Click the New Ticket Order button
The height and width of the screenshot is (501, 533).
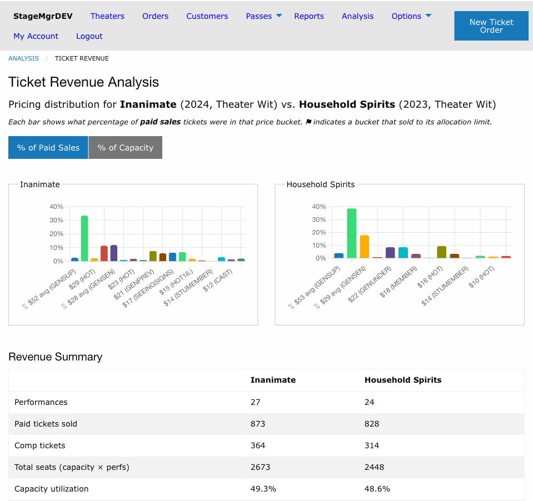491,26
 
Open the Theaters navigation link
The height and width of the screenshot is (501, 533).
107,16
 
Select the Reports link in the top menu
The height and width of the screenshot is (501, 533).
309,16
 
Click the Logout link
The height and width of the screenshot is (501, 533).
89,36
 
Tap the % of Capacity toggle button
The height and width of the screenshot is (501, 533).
126,147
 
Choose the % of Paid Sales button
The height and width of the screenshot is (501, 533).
48,147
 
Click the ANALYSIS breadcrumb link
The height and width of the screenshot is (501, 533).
23,58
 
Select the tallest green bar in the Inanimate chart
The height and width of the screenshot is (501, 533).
84,238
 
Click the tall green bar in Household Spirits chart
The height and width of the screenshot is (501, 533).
351,233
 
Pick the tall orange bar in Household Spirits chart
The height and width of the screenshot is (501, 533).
365,247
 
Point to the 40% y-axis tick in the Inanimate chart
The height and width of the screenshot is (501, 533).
57,207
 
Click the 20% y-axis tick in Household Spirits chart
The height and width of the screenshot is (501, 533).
319,232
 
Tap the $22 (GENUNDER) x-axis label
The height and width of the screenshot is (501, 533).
370,284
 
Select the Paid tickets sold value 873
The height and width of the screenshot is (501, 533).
258,424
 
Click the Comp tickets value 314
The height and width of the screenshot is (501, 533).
371,445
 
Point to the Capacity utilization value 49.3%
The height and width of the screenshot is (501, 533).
263,489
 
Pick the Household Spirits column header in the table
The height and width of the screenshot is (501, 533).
403,380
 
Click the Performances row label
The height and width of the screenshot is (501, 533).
41,402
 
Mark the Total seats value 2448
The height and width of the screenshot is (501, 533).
374,467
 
